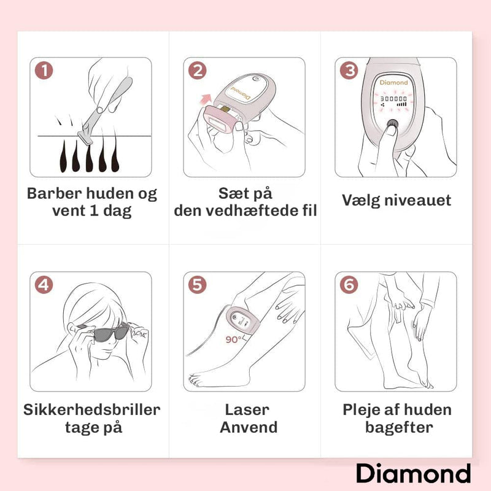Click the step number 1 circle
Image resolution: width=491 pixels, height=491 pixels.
(44, 71)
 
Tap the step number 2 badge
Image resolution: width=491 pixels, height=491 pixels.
(197, 71)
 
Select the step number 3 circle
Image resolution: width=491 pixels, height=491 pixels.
(349, 71)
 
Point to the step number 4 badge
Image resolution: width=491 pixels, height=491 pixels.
(44, 285)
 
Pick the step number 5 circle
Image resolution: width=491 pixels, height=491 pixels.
(197, 285)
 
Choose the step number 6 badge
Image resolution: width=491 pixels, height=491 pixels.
(349, 285)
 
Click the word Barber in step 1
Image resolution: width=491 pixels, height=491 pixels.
(54, 193)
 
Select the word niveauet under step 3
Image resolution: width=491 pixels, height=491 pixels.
(418, 200)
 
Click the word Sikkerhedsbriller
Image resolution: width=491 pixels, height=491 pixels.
(91, 409)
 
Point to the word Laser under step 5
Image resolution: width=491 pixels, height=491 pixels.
(247, 409)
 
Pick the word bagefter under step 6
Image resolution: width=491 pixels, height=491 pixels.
(400, 427)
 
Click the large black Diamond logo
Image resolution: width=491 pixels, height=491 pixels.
(413, 473)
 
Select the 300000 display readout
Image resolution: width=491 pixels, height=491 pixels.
(393, 99)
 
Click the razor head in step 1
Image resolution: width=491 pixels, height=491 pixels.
(85, 137)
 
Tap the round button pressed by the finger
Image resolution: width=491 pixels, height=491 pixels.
(392, 123)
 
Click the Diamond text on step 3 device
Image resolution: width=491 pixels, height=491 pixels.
(393, 82)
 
